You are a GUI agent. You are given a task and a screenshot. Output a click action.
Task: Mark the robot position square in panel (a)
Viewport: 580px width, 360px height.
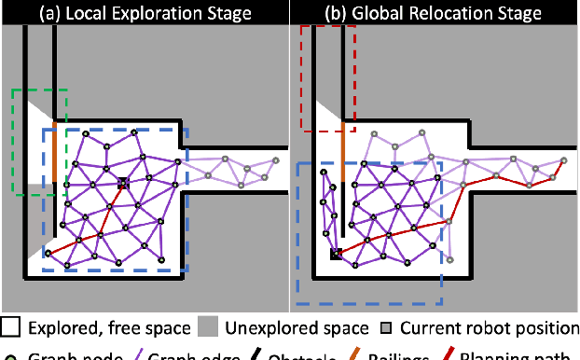point(121,184)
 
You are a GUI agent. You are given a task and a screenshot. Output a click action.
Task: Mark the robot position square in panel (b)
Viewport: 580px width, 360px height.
point(335,253)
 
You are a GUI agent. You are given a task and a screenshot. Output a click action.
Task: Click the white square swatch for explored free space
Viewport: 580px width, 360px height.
point(11,327)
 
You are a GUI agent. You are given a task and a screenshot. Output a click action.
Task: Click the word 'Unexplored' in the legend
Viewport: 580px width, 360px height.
point(258,327)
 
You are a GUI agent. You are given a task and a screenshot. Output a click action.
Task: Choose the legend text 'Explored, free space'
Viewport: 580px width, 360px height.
point(108,327)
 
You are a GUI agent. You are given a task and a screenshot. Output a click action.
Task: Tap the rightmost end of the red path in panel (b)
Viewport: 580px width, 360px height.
point(563,160)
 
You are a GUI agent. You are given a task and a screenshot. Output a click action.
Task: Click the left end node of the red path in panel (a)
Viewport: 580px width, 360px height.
point(47,253)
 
